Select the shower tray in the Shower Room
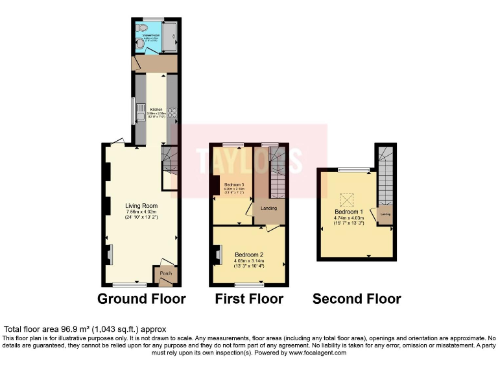point(169,36)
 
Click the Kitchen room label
point(156,109)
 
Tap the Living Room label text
point(141,206)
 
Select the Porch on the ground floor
point(164,275)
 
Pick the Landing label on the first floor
point(268,208)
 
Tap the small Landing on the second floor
point(385,214)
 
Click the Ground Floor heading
point(141,299)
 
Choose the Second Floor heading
point(357,299)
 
